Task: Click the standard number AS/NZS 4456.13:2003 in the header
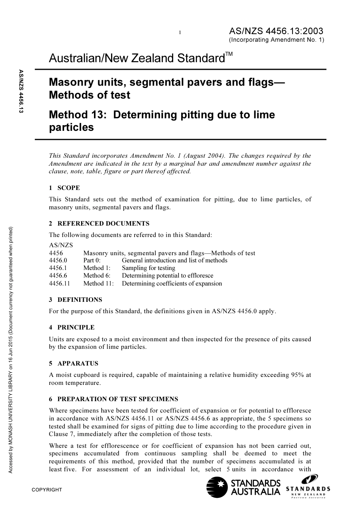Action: point(276,31)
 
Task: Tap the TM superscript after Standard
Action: point(229,55)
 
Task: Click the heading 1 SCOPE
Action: point(64,188)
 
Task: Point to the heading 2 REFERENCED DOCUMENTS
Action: point(99,223)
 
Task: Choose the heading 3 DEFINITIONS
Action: point(75,300)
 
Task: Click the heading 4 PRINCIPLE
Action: point(72,327)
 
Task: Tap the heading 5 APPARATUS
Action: point(74,363)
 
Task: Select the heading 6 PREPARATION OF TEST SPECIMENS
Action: point(113,399)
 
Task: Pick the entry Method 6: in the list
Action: point(97,276)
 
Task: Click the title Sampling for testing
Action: point(149,268)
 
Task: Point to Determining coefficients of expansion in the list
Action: point(172,283)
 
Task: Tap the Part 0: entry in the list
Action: point(92,260)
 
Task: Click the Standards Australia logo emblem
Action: point(216,487)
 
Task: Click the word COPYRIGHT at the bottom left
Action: point(47,490)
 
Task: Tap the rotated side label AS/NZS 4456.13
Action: point(21,91)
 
